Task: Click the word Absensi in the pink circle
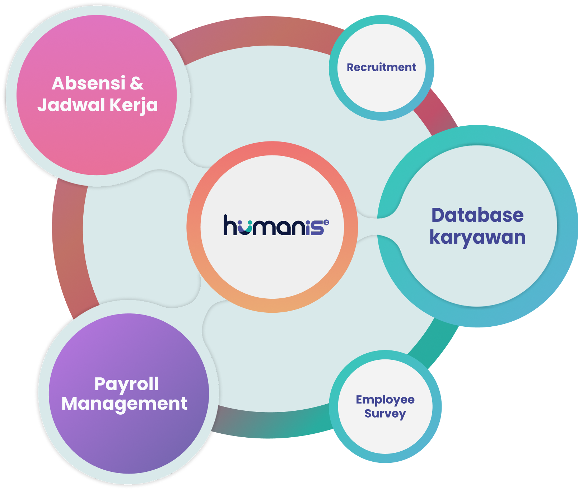88,83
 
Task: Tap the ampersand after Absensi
137,83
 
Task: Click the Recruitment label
381,67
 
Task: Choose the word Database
477,215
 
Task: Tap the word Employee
385,400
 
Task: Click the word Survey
385,414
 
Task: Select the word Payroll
126,384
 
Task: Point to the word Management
124,404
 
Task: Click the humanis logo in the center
276,225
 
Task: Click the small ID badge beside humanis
326,223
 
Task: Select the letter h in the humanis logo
230,225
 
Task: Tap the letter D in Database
438,215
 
